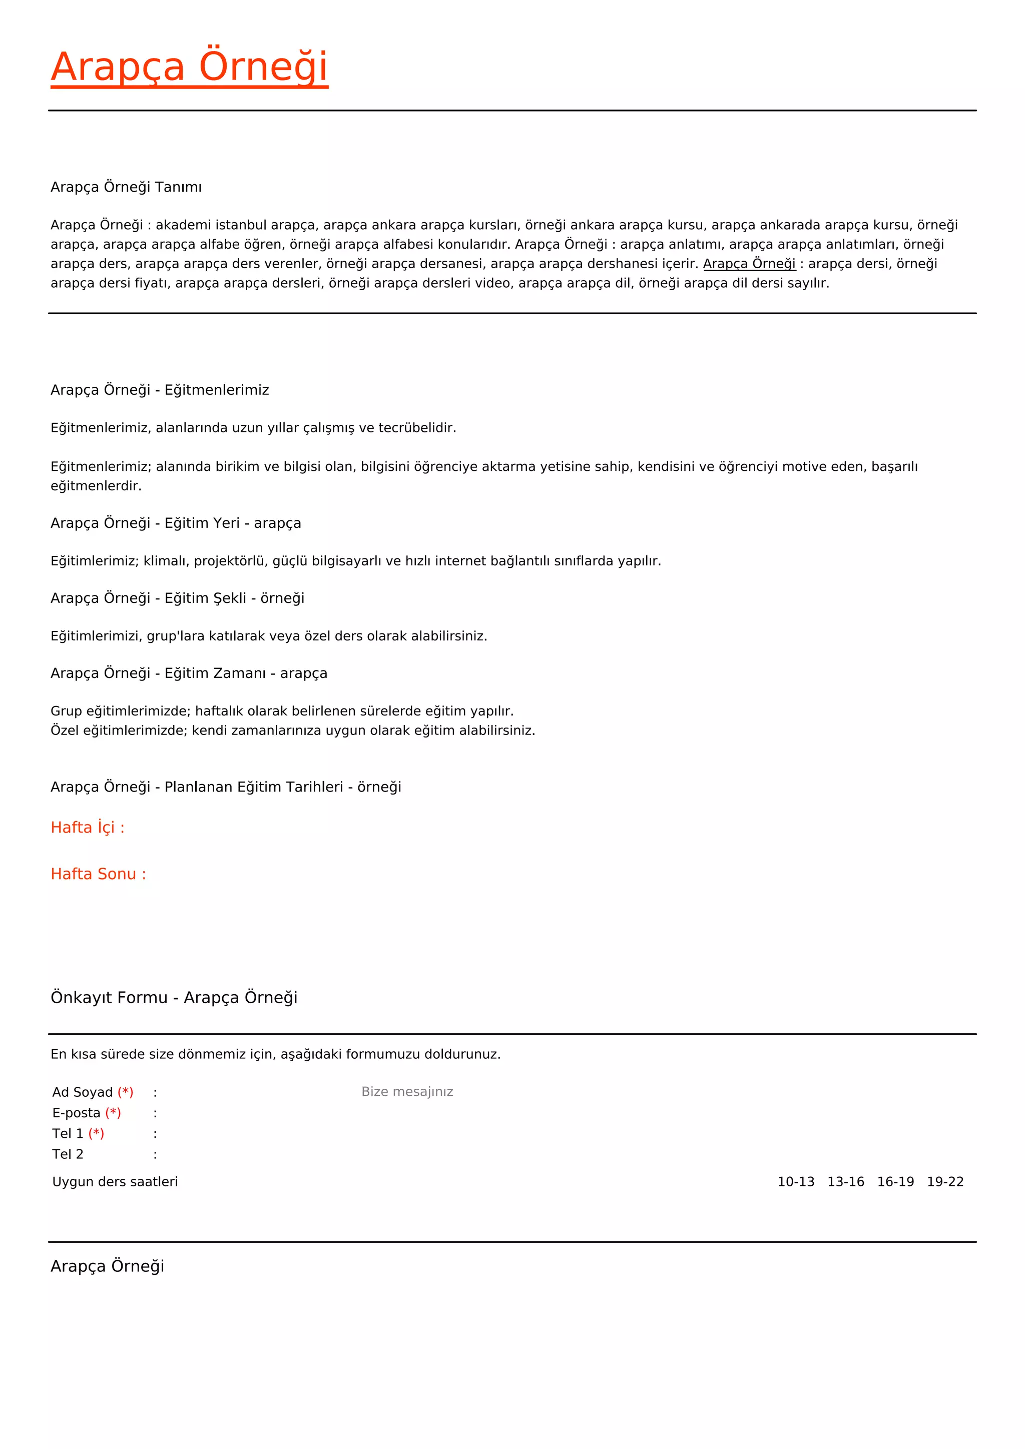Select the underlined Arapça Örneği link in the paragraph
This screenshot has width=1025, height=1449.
[x=749, y=264]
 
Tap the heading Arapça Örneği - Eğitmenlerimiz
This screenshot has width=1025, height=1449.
[x=160, y=390]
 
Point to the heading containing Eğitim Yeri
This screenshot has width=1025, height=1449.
[x=176, y=523]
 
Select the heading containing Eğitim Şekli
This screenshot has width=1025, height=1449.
[x=177, y=598]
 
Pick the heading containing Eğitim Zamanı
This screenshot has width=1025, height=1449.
[x=189, y=673]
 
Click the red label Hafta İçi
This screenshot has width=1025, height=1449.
[x=88, y=828]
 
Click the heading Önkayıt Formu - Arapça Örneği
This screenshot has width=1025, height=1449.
[x=174, y=998]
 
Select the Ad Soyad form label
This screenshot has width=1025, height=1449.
[x=83, y=1092]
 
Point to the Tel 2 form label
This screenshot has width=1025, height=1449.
[x=68, y=1154]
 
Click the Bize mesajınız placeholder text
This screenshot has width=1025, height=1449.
[x=407, y=1092]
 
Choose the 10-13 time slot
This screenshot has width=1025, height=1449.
[x=795, y=1182]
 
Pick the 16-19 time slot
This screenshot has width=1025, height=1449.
[x=895, y=1182]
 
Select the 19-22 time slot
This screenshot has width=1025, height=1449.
[x=945, y=1182]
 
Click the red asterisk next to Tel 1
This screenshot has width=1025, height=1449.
[x=97, y=1133]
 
